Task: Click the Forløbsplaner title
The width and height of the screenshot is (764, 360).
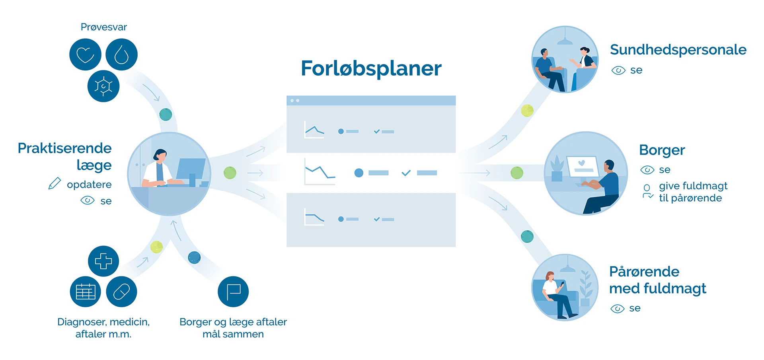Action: (x=371, y=68)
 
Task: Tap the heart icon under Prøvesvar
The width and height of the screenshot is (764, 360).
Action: (x=85, y=54)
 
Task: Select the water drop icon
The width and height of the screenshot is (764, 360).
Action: (x=122, y=54)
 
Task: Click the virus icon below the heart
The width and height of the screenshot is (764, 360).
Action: (x=103, y=86)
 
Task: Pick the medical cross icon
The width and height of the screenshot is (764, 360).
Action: (x=103, y=261)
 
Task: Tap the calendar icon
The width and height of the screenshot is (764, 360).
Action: (x=86, y=292)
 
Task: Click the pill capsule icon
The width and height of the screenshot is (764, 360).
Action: (x=122, y=292)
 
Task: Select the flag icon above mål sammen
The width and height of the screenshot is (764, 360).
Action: (x=233, y=292)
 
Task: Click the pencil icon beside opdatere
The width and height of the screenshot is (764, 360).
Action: (x=55, y=184)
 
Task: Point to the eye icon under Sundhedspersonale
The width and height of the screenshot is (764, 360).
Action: (x=618, y=71)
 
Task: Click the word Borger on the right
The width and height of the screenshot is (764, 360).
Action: (x=662, y=150)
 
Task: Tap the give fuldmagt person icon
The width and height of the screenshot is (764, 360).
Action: (x=647, y=191)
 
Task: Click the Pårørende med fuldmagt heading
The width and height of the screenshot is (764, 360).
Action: (x=657, y=280)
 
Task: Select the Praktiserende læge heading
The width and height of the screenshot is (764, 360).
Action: (x=65, y=156)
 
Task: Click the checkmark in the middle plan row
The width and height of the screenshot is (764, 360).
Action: (x=406, y=173)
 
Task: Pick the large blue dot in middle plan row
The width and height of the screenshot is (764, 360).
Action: (x=359, y=173)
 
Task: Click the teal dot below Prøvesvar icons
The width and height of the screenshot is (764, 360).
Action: (x=166, y=115)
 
